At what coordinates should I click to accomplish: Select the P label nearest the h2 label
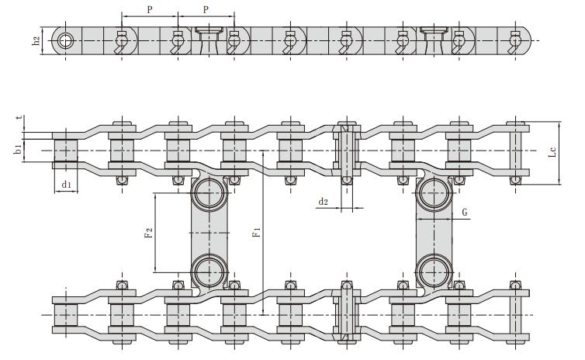pos(149,9)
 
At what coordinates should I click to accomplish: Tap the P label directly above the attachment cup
pos(206,9)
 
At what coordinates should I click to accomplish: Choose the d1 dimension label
pos(66,185)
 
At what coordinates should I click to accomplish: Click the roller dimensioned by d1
pos(65,150)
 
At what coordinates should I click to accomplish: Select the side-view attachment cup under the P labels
pos(206,34)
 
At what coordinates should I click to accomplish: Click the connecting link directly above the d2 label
pos(345,151)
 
